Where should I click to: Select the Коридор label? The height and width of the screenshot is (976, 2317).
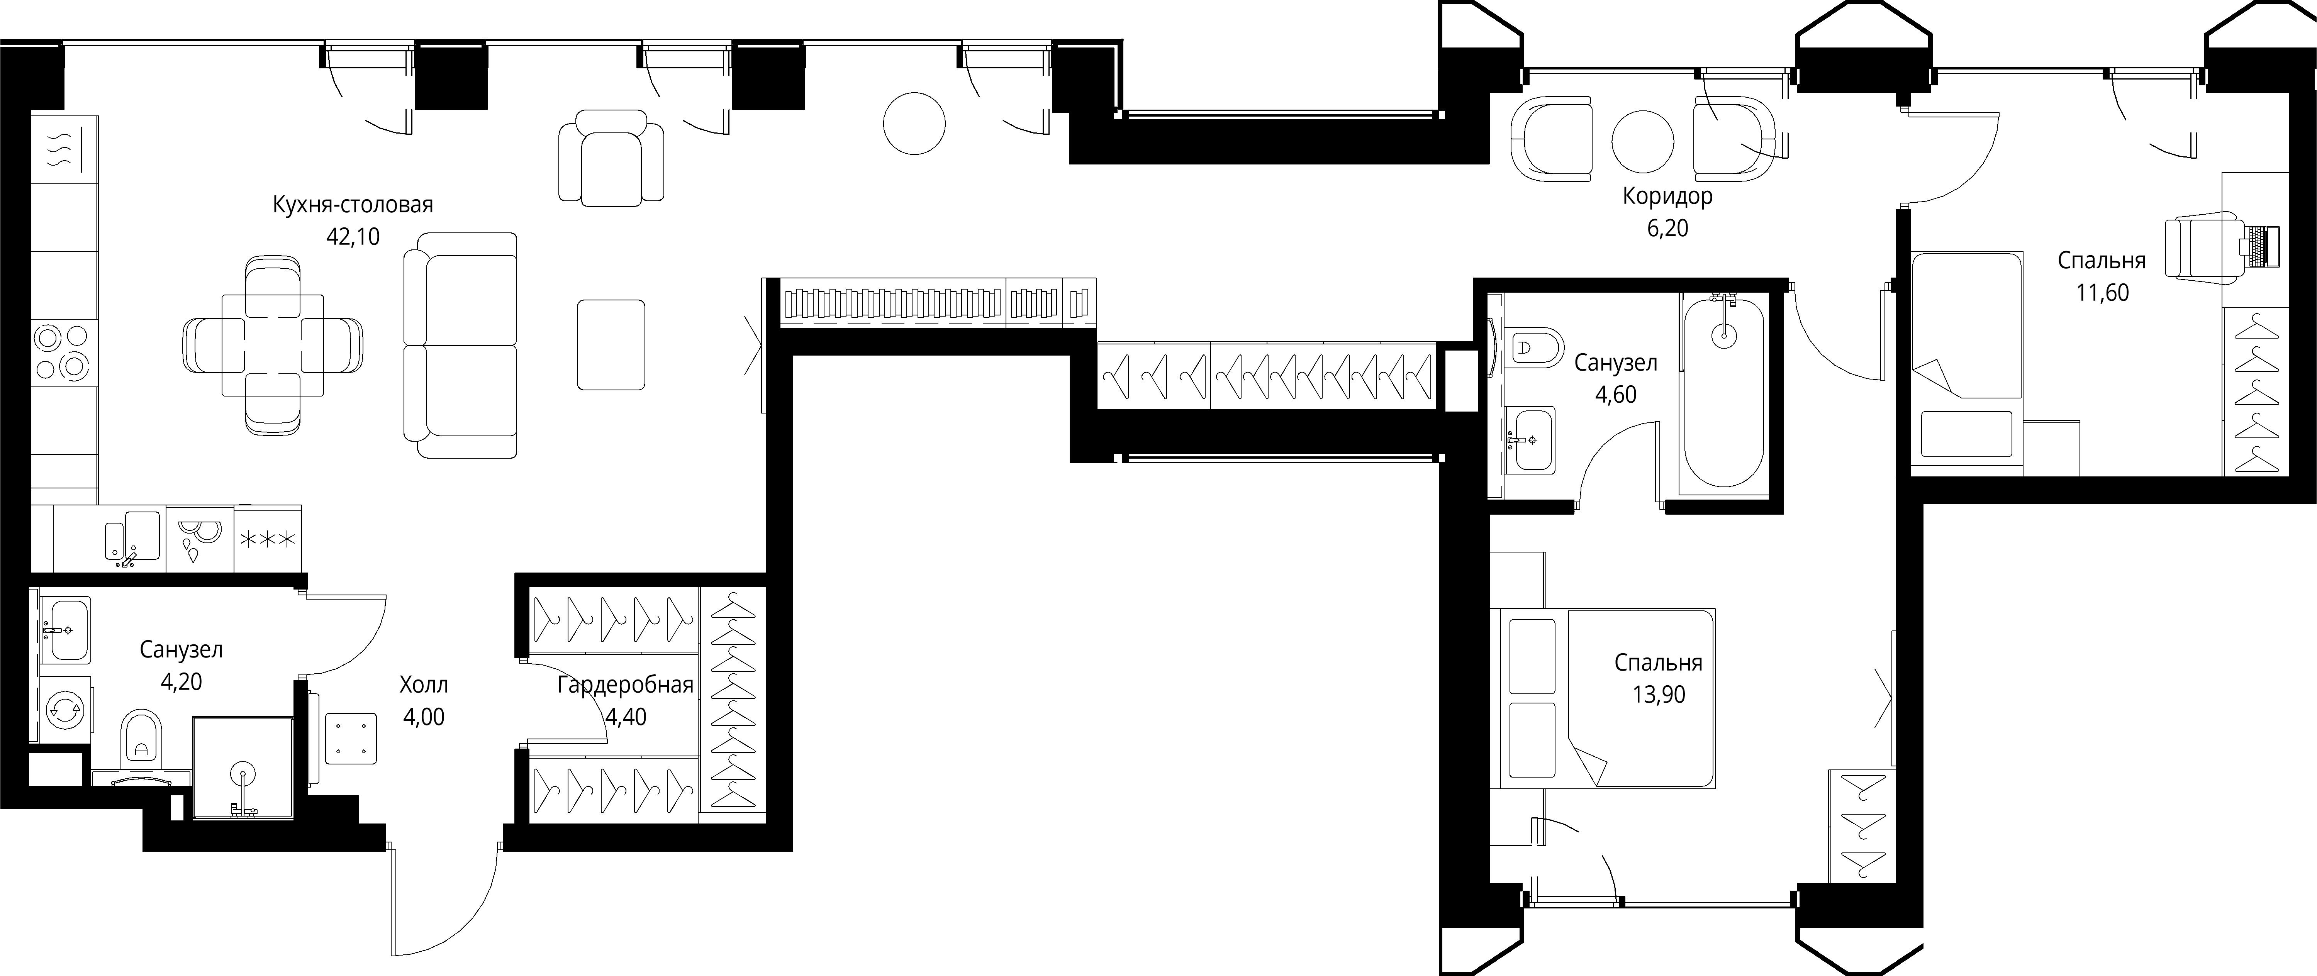(1667, 196)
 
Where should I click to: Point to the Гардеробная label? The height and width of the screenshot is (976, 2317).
(625, 685)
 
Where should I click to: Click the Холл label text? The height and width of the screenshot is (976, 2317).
(424, 685)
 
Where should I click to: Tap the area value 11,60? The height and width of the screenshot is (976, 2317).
(2102, 292)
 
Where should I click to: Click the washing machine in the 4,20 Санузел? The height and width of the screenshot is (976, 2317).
(66, 710)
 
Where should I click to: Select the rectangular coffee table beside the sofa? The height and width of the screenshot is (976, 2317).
(611, 344)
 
